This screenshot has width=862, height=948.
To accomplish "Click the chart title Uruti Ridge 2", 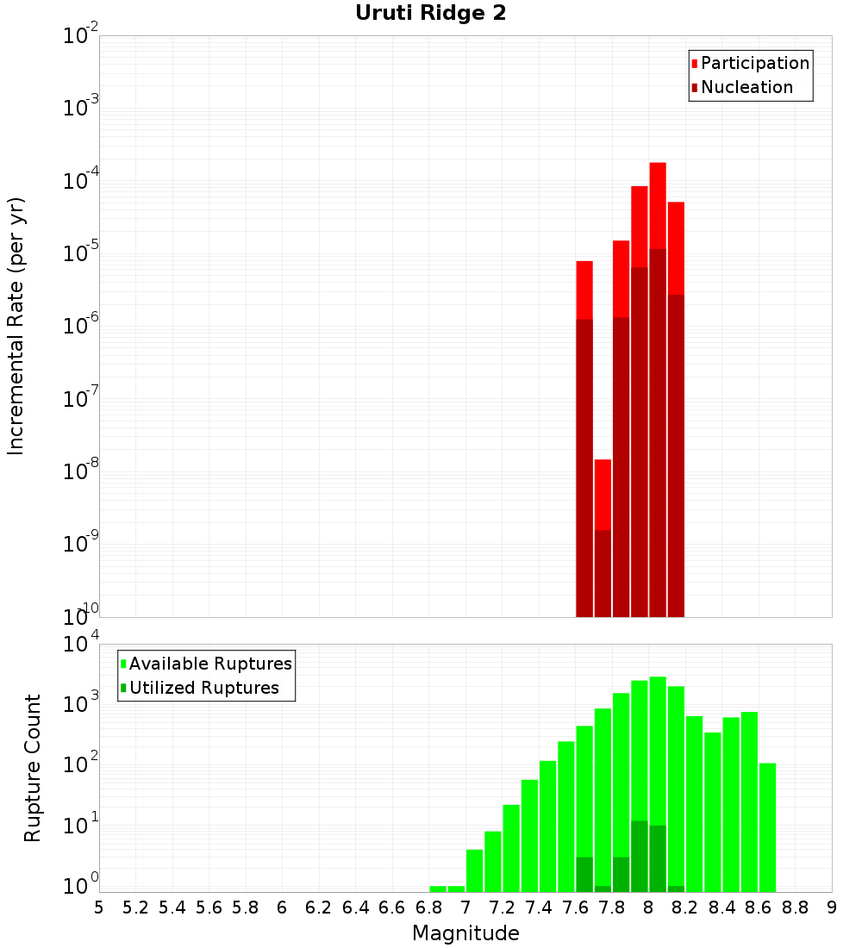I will [x=431, y=14].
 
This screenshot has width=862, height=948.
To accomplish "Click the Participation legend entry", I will [x=754, y=64].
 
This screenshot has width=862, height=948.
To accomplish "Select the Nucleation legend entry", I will [x=746, y=88].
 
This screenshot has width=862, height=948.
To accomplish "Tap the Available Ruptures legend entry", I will [x=209, y=664].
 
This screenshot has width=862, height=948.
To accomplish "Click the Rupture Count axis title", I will [x=33, y=768].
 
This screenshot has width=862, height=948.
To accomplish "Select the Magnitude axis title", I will [x=465, y=933].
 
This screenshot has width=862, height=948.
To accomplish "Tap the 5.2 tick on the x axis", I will [x=135, y=907].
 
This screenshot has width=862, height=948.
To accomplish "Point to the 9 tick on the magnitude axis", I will [x=832, y=907].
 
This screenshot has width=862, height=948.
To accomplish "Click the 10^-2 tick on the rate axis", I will [x=81, y=36].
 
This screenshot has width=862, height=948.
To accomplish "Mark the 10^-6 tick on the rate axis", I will [x=81, y=327].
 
